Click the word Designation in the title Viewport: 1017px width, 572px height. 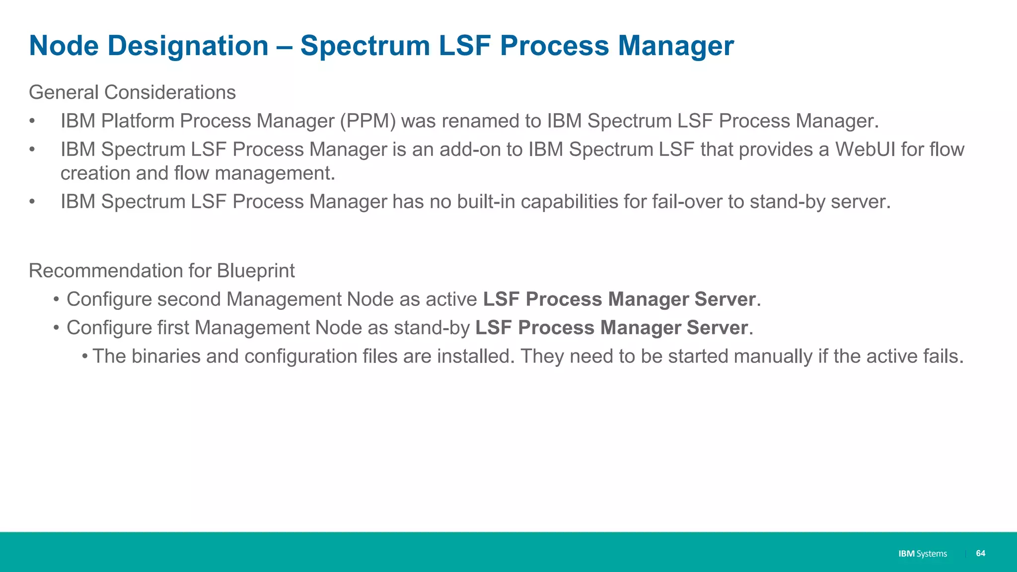(x=188, y=46)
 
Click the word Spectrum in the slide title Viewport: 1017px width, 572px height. (x=365, y=46)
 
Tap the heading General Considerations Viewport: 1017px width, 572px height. (x=132, y=92)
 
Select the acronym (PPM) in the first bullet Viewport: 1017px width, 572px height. (x=367, y=121)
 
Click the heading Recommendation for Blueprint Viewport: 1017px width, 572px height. (x=161, y=271)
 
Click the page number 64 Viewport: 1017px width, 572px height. (x=980, y=553)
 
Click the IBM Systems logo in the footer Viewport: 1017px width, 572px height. (x=922, y=554)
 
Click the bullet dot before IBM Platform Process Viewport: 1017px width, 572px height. (x=32, y=121)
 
